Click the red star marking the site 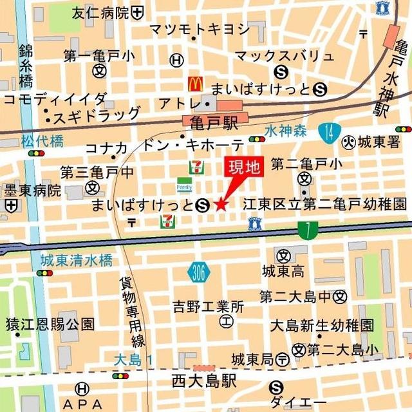point(221,205)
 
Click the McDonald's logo point(195,83)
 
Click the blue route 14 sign point(329,133)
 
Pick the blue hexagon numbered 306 point(200,273)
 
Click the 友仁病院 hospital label point(100,12)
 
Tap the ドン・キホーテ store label point(193,144)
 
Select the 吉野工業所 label point(208,306)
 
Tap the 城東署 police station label point(379,142)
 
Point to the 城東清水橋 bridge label point(76,261)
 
